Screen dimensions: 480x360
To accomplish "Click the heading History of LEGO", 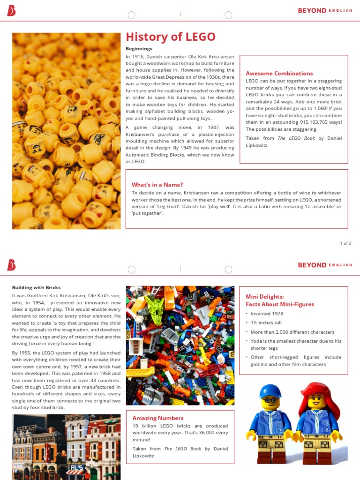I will click(x=171, y=37).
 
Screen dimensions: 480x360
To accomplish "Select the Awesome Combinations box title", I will click(x=279, y=73).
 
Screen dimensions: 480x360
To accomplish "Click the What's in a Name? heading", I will click(x=157, y=185).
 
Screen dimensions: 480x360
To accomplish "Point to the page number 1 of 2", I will click(x=345, y=243).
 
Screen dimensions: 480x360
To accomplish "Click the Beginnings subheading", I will click(x=139, y=49).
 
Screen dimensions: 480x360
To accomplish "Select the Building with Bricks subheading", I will click(x=36, y=287).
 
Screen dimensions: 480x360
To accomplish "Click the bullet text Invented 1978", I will click(x=267, y=314).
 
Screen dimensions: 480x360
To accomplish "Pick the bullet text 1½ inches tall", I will click(x=266, y=323).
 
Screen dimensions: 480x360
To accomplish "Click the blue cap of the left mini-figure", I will click(x=270, y=390).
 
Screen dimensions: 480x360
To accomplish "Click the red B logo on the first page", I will click(x=11, y=10).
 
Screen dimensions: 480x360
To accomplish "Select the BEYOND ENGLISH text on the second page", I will click(x=325, y=265).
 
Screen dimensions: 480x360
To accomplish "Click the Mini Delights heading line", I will click(x=265, y=297).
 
